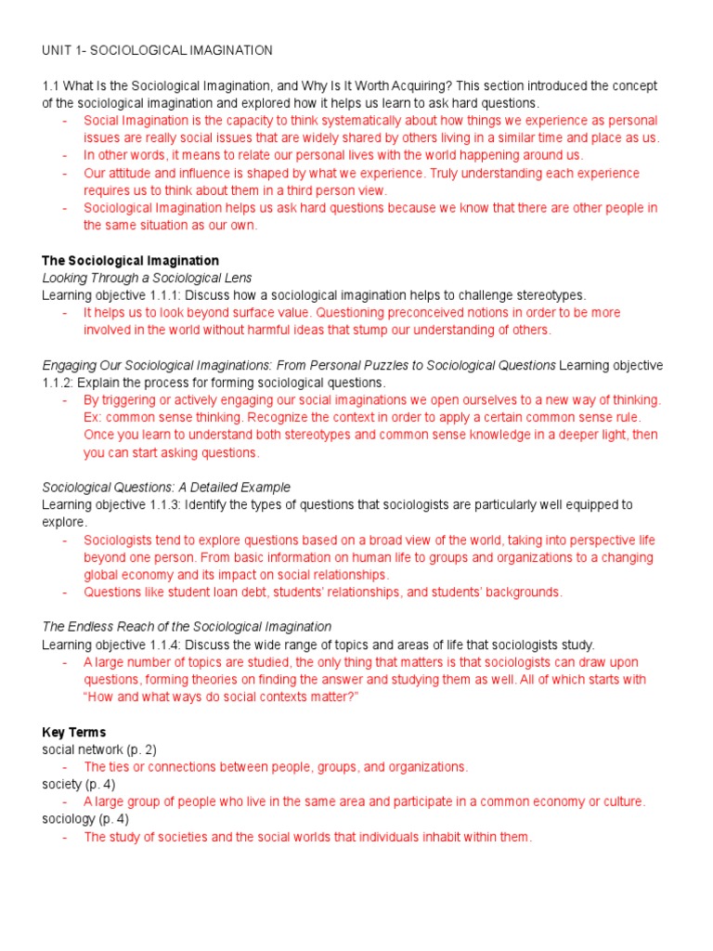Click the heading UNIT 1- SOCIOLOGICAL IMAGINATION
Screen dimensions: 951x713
(x=157, y=49)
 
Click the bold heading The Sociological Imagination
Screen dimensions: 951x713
(x=130, y=260)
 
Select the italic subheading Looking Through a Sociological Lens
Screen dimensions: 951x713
(x=147, y=278)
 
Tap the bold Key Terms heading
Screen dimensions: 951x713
(x=73, y=732)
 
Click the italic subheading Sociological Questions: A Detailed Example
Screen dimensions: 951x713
(x=166, y=487)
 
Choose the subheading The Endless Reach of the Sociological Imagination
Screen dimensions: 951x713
(x=187, y=627)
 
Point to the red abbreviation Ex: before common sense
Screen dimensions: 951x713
(x=93, y=417)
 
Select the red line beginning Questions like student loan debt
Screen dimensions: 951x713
(x=323, y=592)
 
